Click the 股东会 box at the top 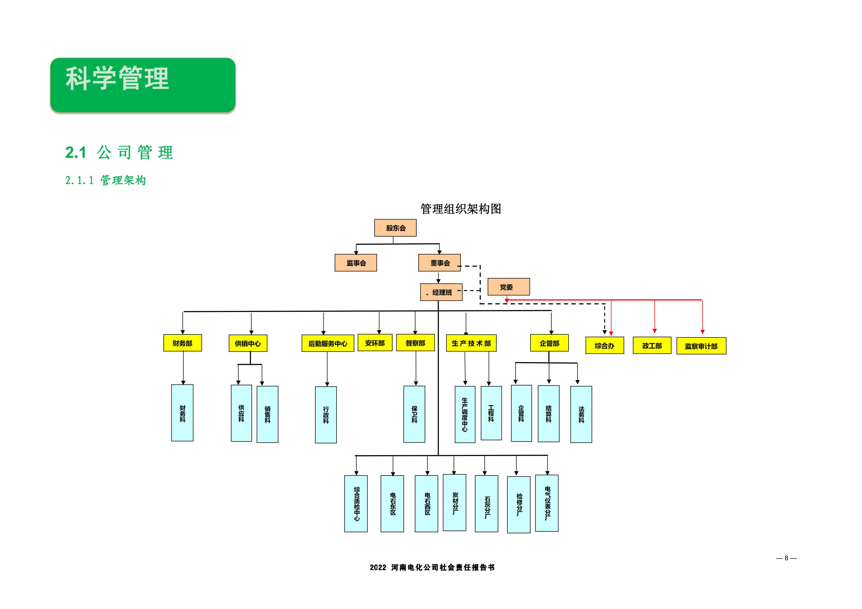tap(395, 228)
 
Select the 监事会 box tap(356, 263)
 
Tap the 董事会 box tap(439, 263)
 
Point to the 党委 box tap(508, 287)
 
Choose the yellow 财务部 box tap(182, 343)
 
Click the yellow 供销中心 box tap(248, 343)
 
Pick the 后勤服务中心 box tap(328, 343)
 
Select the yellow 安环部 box tap(375, 343)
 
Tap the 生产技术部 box tap(471, 343)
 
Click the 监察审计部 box tap(701, 346)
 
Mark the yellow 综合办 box tap(604, 346)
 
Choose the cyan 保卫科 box tap(414, 414)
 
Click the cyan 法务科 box tap(581, 414)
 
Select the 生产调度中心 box tap(465, 414)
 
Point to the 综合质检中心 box tap(356, 503)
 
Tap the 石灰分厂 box tap(486, 503)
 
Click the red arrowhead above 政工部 tap(654, 331)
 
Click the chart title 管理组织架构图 tap(461, 209)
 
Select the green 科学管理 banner tap(143, 85)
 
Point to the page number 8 tap(786, 558)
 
